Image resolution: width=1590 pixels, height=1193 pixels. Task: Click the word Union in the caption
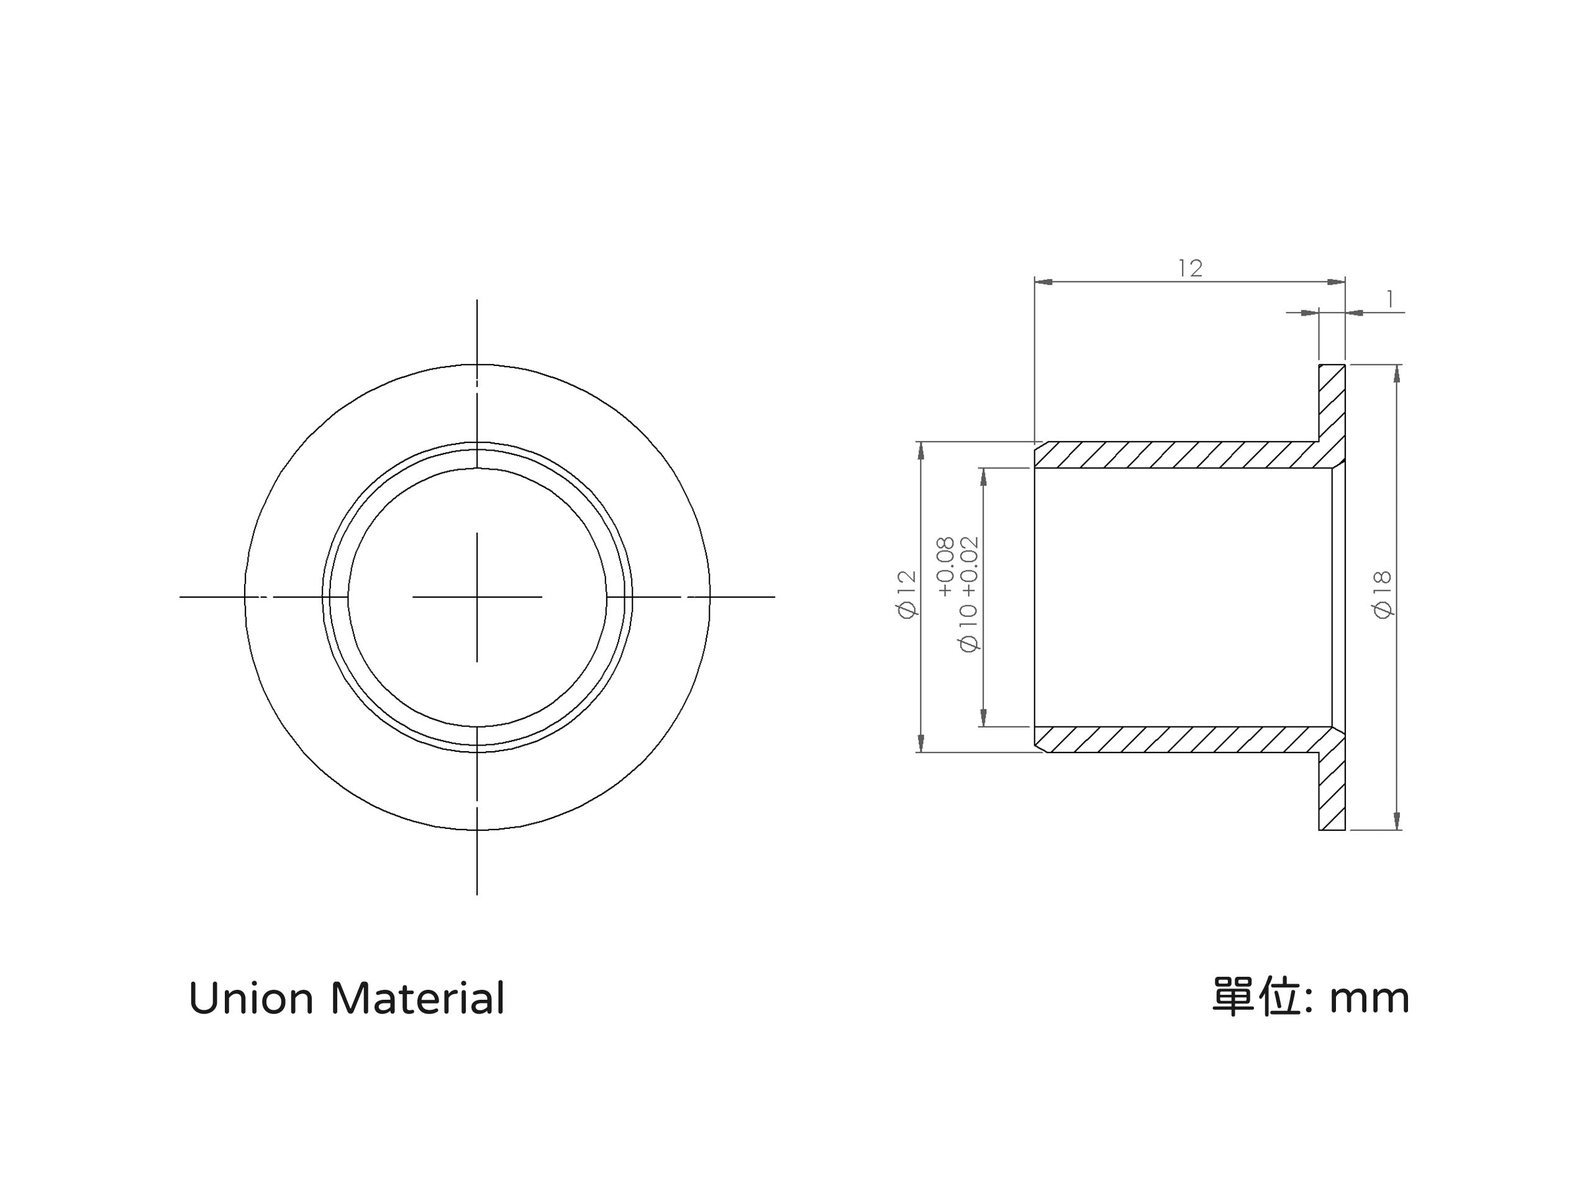coord(251,999)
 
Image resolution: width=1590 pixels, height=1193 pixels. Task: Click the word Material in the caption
coord(417,999)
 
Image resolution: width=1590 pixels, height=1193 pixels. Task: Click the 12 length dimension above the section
coord(1191,268)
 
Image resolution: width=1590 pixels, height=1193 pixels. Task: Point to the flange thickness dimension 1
coord(1390,299)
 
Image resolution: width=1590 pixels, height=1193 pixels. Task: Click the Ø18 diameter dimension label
coord(1383,594)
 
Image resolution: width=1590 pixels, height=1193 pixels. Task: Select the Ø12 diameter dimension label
coord(907,594)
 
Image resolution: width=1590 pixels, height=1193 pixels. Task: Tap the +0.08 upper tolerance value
coord(945,567)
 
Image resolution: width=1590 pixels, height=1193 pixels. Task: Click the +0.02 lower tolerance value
coord(969,567)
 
